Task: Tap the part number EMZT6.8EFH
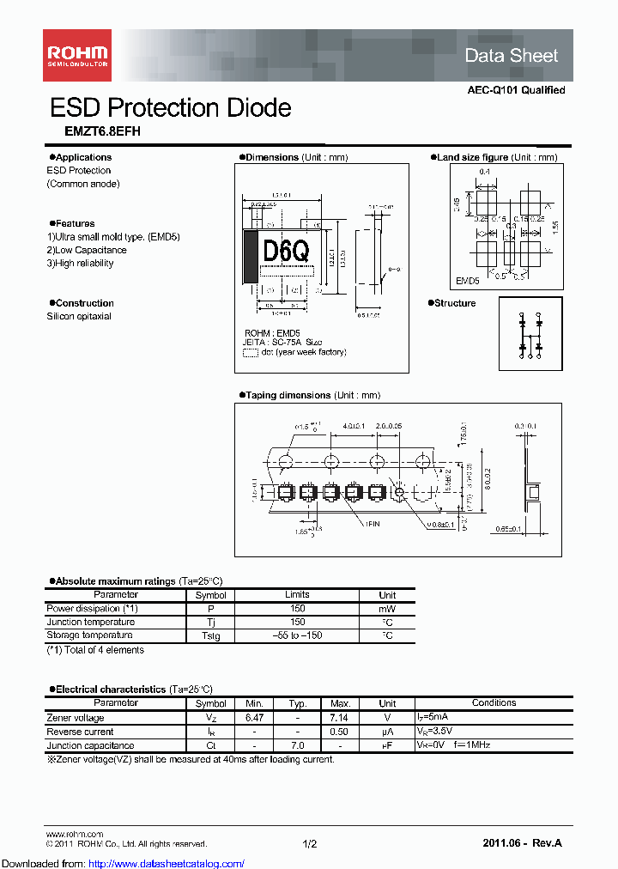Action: (91, 131)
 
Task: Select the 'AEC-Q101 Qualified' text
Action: (516, 90)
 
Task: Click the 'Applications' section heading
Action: (82, 157)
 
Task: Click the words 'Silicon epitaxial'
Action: (79, 316)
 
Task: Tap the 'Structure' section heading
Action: (454, 303)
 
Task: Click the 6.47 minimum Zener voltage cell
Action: (255, 718)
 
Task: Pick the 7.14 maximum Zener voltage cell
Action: (341, 718)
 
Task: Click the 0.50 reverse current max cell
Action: (341, 732)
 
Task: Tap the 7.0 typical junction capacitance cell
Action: (298, 745)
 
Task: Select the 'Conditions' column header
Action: (494, 703)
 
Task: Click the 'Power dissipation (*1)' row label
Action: (92, 608)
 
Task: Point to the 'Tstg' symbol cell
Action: (210, 635)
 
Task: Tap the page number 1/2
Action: (310, 844)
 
